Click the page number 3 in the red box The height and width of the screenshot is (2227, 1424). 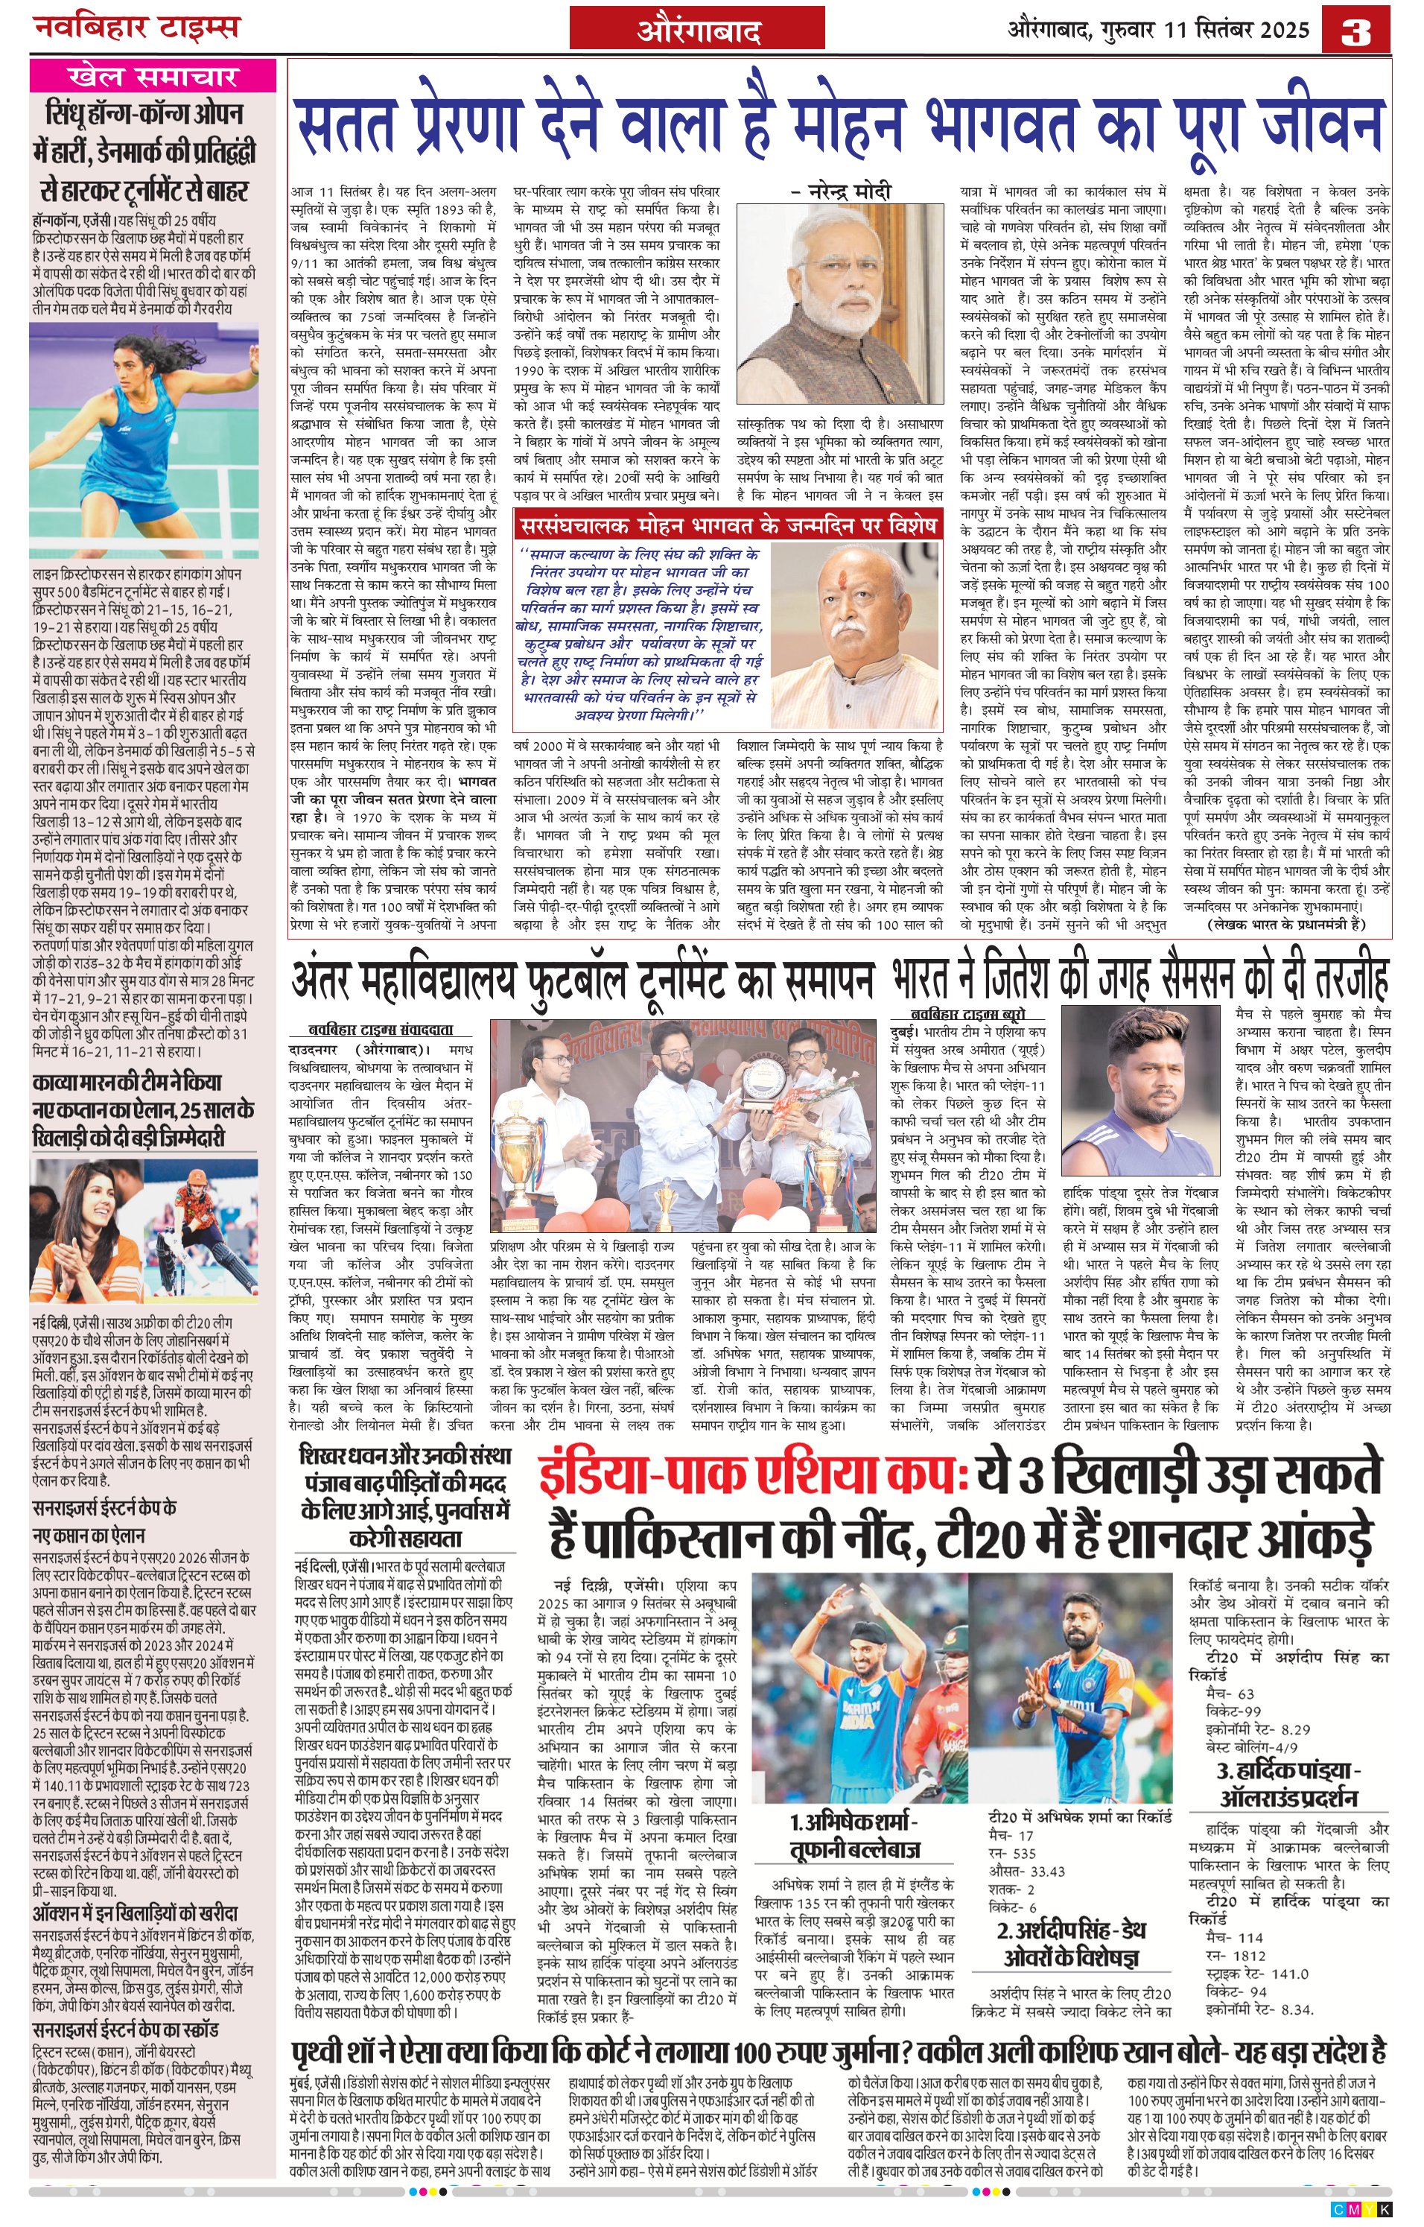1355,30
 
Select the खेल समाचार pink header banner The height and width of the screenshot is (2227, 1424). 153,76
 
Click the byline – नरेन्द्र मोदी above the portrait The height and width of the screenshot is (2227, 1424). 841,191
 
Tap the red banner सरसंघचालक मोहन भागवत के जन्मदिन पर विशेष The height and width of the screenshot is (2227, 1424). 728,525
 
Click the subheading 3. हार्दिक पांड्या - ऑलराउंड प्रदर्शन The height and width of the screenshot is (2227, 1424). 1288,1784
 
